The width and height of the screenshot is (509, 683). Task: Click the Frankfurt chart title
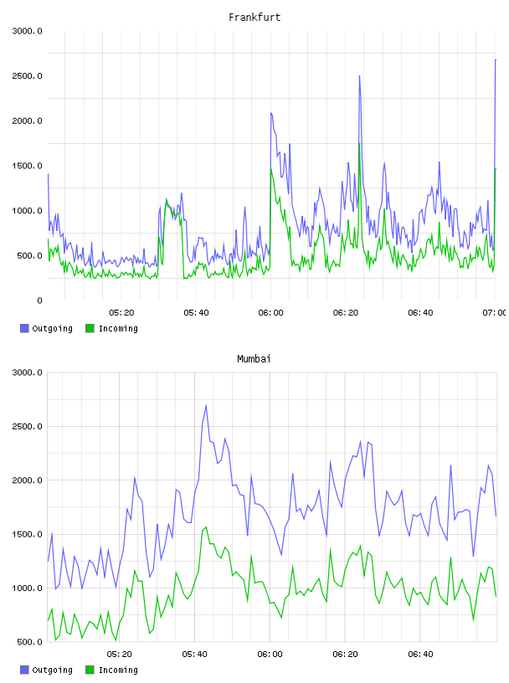(254, 18)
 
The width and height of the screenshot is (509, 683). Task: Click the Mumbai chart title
(254, 359)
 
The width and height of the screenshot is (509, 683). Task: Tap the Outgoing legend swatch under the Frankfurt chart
(24, 328)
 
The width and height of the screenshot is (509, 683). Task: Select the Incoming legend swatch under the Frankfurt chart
(90, 328)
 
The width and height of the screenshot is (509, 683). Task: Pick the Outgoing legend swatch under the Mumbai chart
(24, 670)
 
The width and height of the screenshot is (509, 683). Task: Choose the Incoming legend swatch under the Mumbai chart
(90, 670)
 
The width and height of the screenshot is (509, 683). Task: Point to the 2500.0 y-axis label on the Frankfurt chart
(27, 76)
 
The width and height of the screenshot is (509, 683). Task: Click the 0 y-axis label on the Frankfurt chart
(39, 300)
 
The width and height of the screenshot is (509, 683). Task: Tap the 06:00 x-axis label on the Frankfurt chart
(270, 313)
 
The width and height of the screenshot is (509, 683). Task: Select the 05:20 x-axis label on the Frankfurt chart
(121, 313)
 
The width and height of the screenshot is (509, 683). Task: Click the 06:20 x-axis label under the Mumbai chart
(345, 655)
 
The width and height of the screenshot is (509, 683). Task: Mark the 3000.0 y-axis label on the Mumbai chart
(27, 372)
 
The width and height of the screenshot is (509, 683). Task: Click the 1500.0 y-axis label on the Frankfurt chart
(27, 166)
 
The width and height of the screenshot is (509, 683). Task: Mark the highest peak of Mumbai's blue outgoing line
(206, 405)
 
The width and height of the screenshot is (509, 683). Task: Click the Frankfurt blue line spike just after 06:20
(359, 76)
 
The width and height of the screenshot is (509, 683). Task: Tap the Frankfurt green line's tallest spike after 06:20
(359, 144)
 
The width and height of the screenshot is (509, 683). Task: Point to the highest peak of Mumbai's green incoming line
(206, 527)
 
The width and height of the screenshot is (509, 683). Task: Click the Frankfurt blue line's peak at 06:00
(271, 113)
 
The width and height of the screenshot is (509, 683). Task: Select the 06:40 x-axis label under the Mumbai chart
(420, 655)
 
